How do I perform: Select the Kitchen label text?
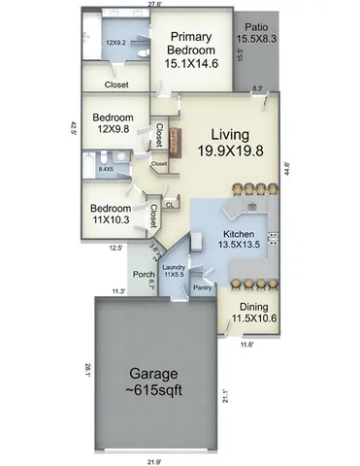(x=239, y=241)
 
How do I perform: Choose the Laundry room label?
(x=175, y=270)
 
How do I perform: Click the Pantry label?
(x=202, y=287)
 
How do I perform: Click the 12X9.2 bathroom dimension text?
(x=117, y=42)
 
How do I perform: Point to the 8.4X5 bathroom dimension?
(x=106, y=169)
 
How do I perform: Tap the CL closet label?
(x=170, y=204)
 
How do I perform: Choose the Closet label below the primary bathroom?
(x=117, y=84)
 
